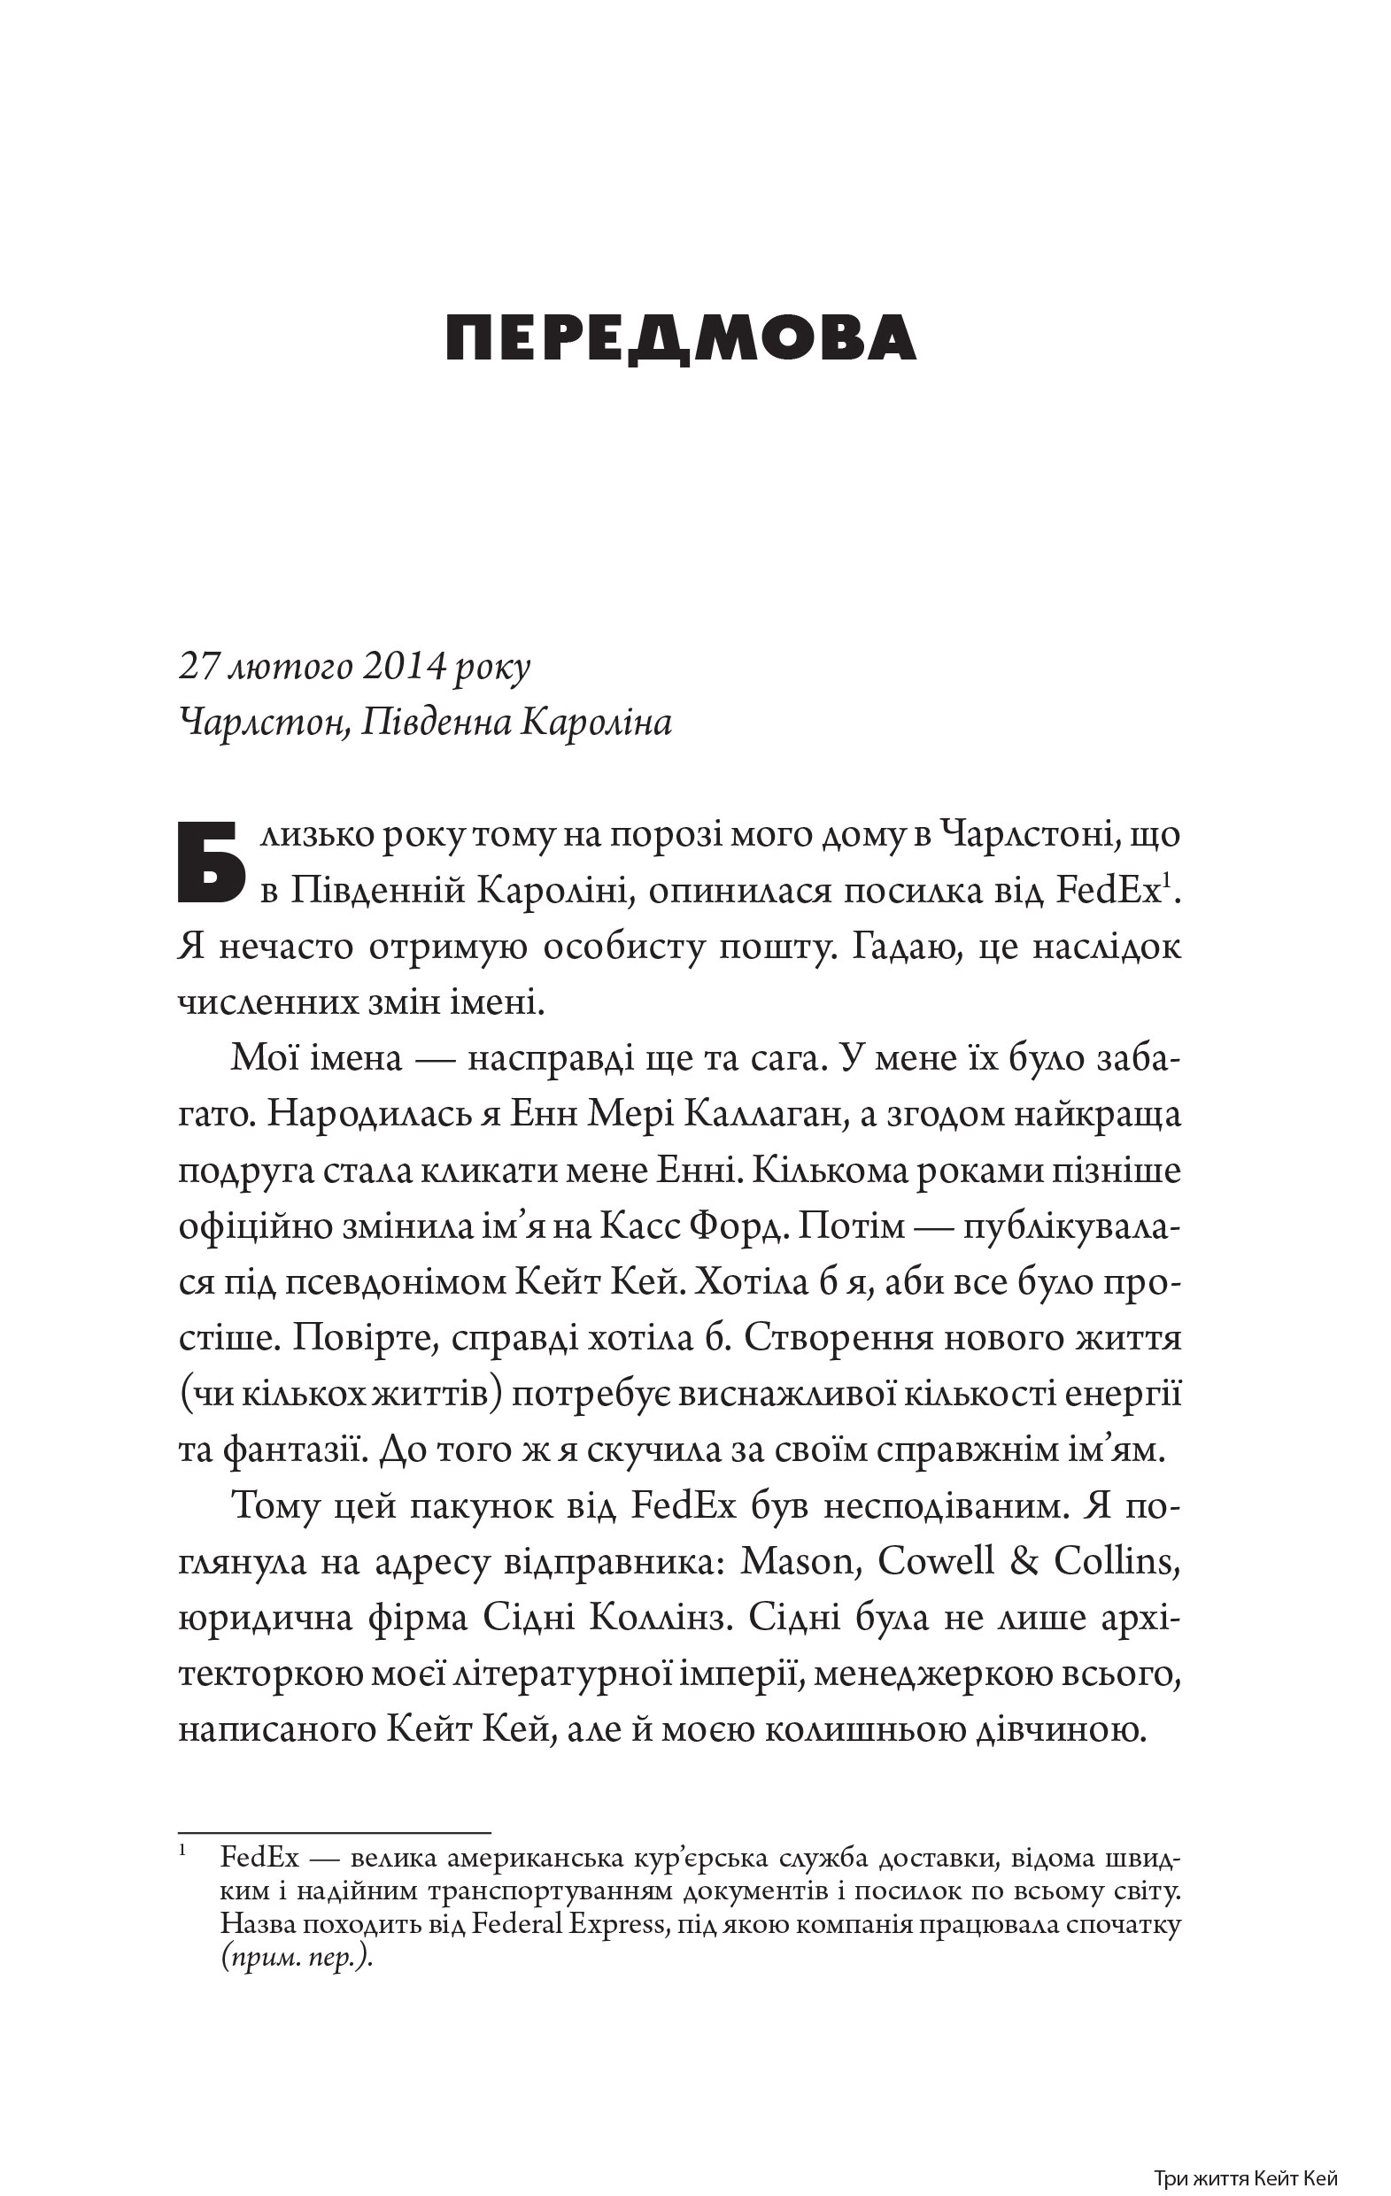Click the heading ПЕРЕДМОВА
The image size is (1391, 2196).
point(681,338)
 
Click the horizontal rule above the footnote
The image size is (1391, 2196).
point(334,1832)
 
